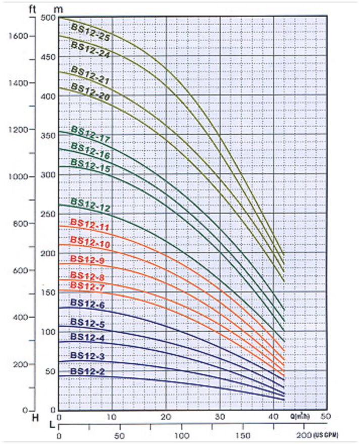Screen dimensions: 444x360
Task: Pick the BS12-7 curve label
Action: click(x=87, y=286)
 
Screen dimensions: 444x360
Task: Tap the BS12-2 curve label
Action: click(x=87, y=372)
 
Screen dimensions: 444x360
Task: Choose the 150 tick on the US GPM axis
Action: click(x=243, y=435)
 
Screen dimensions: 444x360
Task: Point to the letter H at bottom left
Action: click(x=35, y=418)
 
